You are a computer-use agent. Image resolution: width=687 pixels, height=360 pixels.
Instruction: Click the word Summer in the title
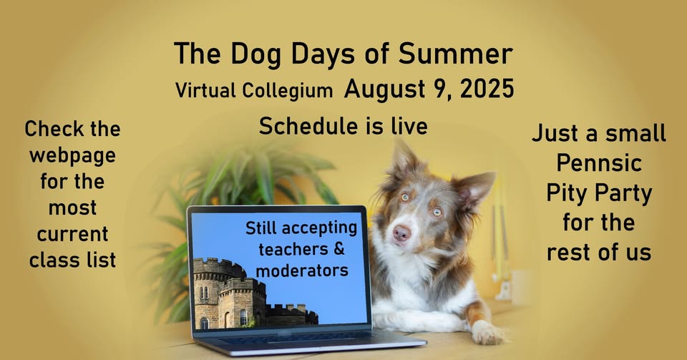[x=455, y=54]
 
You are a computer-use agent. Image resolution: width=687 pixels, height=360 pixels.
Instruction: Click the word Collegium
[x=288, y=90]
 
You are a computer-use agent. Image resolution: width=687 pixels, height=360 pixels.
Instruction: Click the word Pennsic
[x=599, y=163]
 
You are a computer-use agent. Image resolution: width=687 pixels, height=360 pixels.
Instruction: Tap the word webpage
[x=73, y=156]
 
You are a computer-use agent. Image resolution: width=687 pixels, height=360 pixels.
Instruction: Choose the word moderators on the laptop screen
[x=302, y=271]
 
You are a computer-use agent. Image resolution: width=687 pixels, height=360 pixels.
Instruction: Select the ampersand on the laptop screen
[x=339, y=249]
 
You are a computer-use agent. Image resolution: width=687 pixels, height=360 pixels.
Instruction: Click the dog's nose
[x=401, y=233]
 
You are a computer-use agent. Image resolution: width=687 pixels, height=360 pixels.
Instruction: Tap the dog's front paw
[x=487, y=334]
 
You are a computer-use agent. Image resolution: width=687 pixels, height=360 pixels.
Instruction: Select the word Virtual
[x=206, y=90]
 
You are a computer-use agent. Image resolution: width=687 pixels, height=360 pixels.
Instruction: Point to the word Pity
[x=567, y=193]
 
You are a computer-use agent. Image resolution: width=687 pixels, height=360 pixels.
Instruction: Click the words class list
[x=73, y=260]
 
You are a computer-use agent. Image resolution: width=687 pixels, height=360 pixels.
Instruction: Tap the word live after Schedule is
[x=409, y=126]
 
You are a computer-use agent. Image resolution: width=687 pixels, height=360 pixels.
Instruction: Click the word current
[x=73, y=234]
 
